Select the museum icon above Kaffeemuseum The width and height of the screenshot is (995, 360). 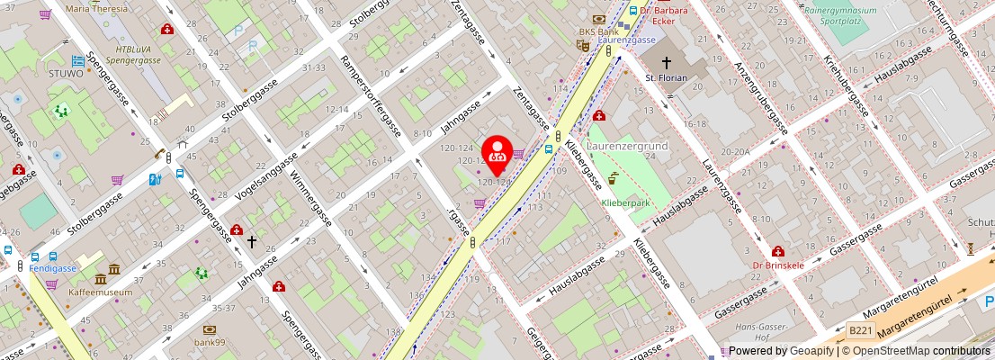coord(113,270)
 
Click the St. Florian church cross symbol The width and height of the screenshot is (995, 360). coord(667,62)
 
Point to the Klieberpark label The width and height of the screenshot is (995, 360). coord(624,203)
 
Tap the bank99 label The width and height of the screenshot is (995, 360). coord(209,344)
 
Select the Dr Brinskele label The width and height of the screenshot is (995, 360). coord(777,265)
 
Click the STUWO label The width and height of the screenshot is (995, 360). coord(67,74)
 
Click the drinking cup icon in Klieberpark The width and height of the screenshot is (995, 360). coord(613,177)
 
